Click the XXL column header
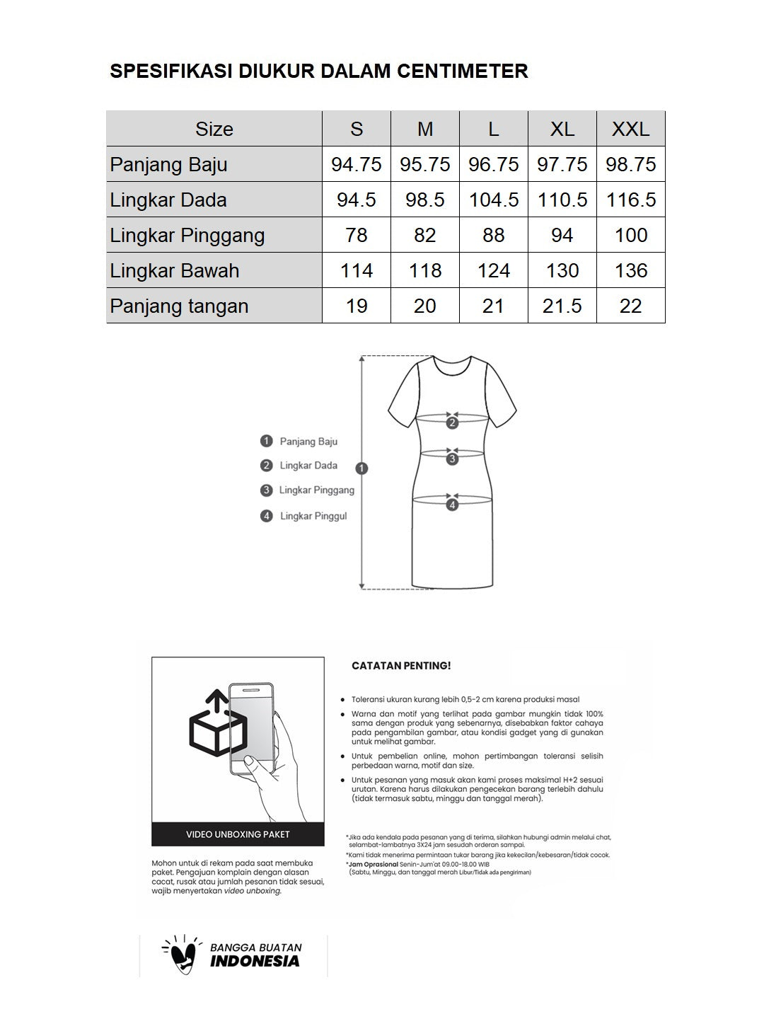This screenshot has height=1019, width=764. tap(630, 129)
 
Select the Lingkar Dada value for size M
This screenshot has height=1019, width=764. tap(425, 200)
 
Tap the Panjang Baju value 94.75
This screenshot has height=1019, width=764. tap(357, 164)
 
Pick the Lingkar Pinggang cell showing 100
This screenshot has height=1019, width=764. tap(630, 235)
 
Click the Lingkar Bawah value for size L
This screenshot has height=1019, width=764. tap(494, 270)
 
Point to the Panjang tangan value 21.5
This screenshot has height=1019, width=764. tap(562, 306)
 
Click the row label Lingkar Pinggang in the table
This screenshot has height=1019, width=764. tap(187, 235)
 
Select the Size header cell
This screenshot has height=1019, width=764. tap(214, 129)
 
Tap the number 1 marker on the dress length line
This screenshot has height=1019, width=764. tap(362, 468)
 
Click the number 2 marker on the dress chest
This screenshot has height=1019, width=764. tap(452, 423)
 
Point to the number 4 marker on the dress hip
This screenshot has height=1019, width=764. tap(452, 505)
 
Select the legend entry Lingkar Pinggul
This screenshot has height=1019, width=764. tap(313, 516)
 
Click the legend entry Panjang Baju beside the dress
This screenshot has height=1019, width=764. tap(308, 442)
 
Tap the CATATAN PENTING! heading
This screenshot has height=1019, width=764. tap(401, 666)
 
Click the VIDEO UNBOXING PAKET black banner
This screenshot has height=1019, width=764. tap(238, 834)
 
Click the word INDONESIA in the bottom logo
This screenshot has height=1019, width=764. tap(255, 961)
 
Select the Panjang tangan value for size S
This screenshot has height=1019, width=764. tap(357, 306)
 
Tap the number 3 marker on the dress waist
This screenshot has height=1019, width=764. tap(452, 459)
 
